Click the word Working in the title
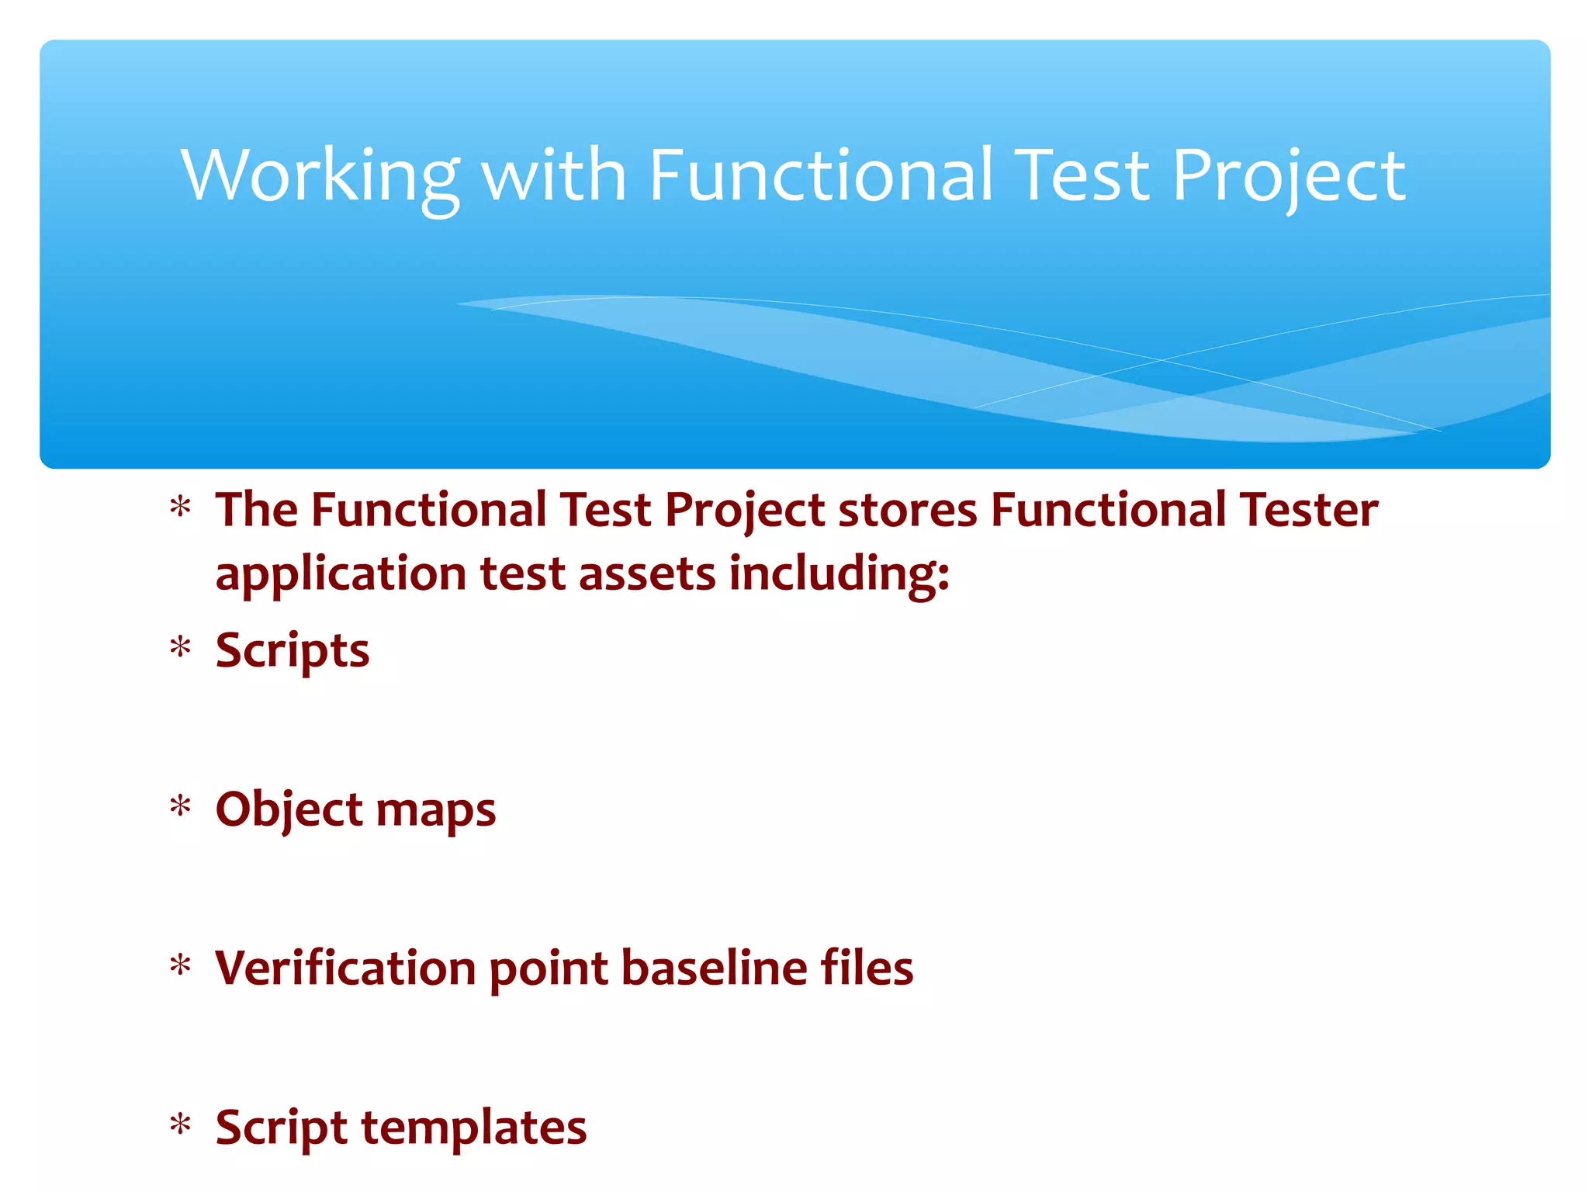pos(320,176)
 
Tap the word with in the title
pos(554,176)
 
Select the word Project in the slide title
pos(1288,176)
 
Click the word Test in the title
pos(1082,176)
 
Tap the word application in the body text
pos(341,575)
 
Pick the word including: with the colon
pos(839,575)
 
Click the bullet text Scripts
pos(293,650)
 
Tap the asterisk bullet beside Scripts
pos(181,646)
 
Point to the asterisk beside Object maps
pos(181,806)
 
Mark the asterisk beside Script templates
pos(181,1124)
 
